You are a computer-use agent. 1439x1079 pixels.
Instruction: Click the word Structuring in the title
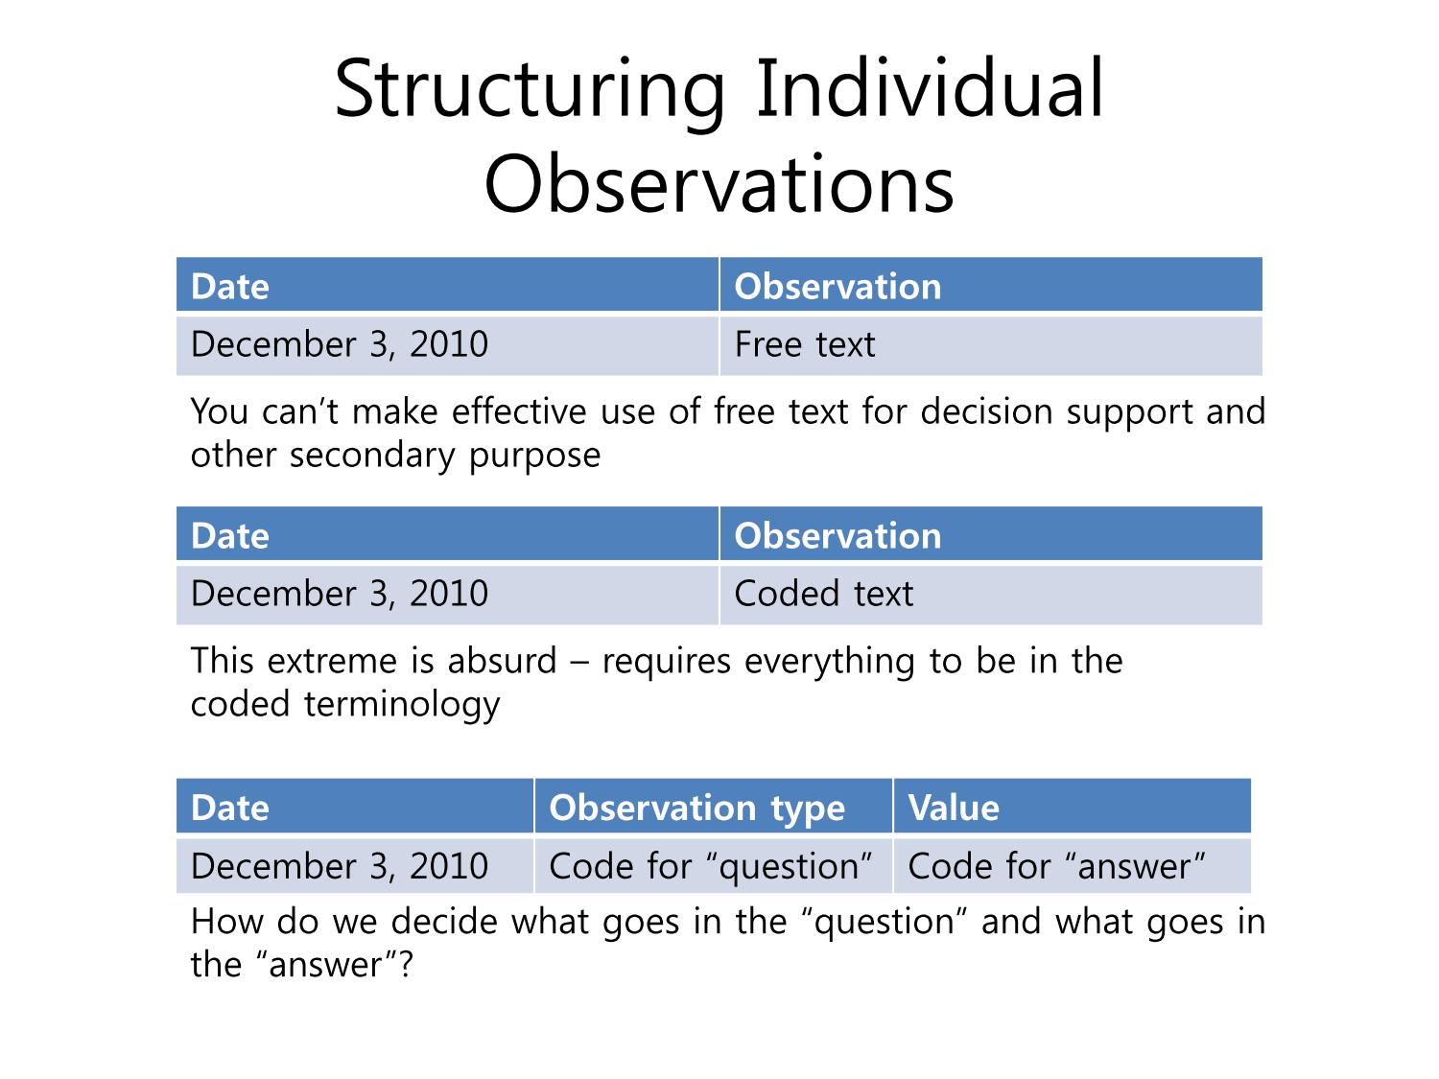pyautogui.click(x=530, y=92)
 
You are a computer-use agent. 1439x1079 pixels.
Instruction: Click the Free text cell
pyautogui.click(x=991, y=345)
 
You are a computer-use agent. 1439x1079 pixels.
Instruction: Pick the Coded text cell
pyautogui.click(x=991, y=595)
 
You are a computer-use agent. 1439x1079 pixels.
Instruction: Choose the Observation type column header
pyautogui.click(x=714, y=807)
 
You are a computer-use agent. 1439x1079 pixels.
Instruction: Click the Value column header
pyautogui.click(x=1072, y=807)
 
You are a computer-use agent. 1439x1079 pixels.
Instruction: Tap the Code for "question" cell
pyautogui.click(x=714, y=865)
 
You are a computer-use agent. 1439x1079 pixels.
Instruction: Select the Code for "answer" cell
pyautogui.click(x=1072, y=865)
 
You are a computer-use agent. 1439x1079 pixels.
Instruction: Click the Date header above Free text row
pyautogui.click(x=447, y=284)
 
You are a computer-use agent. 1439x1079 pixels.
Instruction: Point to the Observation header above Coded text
pyautogui.click(x=991, y=533)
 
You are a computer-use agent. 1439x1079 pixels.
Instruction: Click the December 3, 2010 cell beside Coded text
pyautogui.click(x=447, y=595)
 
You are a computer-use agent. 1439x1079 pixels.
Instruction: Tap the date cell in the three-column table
pyautogui.click(x=355, y=865)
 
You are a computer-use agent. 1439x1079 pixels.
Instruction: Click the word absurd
pyautogui.click(x=502, y=661)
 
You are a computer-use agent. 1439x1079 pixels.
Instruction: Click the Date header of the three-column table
pyautogui.click(x=355, y=807)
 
